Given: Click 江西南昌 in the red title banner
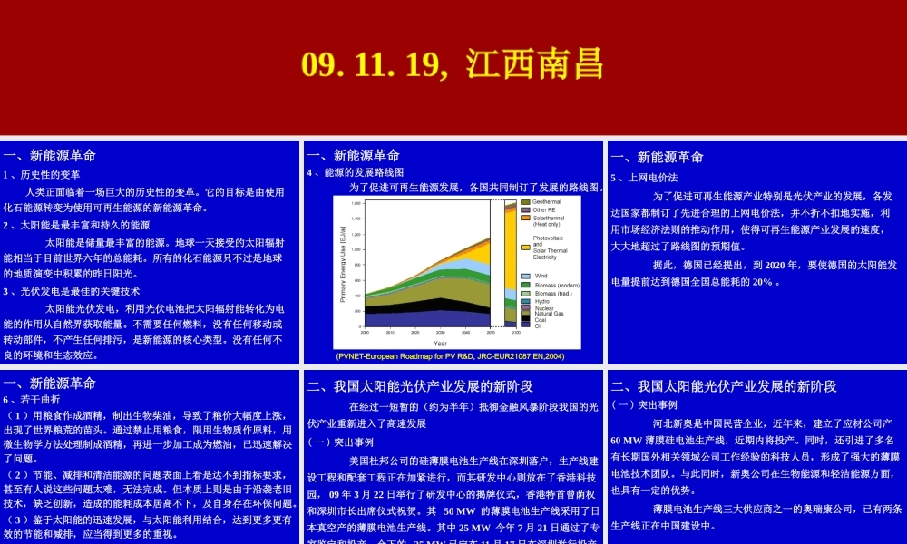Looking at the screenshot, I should (x=535, y=65).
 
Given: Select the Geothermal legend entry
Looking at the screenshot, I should (x=546, y=202).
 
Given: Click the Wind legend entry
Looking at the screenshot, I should (x=541, y=276).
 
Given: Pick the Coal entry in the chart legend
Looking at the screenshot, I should (x=541, y=319).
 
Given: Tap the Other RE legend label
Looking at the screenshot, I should (x=544, y=210).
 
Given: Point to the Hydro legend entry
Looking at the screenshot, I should (x=541, y=301).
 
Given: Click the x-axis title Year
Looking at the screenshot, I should (x=440, y=344).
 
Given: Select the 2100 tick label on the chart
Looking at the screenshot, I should (x=515, y=334).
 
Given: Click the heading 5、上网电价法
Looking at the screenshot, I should (x=644, y=177).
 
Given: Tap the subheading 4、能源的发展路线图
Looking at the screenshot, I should (x=355, y=172).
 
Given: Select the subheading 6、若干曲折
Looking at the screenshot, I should (x=32, y=399).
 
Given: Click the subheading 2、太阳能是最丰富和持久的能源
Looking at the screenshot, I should (x=76, y=225).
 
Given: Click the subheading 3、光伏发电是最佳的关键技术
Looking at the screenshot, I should (x=72, y=291).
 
